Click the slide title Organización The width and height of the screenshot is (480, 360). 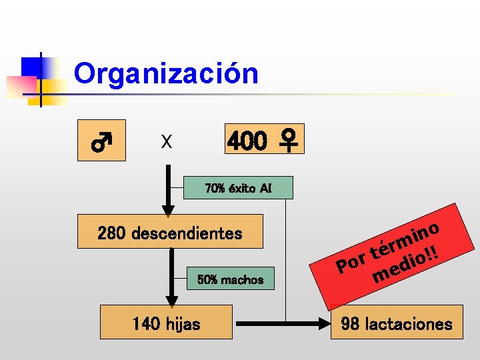[166, 73]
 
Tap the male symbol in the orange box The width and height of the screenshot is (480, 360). [101, 141]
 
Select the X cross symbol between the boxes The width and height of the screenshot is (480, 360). [167, 141]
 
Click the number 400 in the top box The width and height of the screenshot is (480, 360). [249, 141]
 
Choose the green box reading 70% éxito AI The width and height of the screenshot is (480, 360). [238, 188]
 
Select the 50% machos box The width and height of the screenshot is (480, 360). [230, 280]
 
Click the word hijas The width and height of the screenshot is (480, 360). [184, 325]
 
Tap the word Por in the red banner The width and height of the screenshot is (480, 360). [352, 262]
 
